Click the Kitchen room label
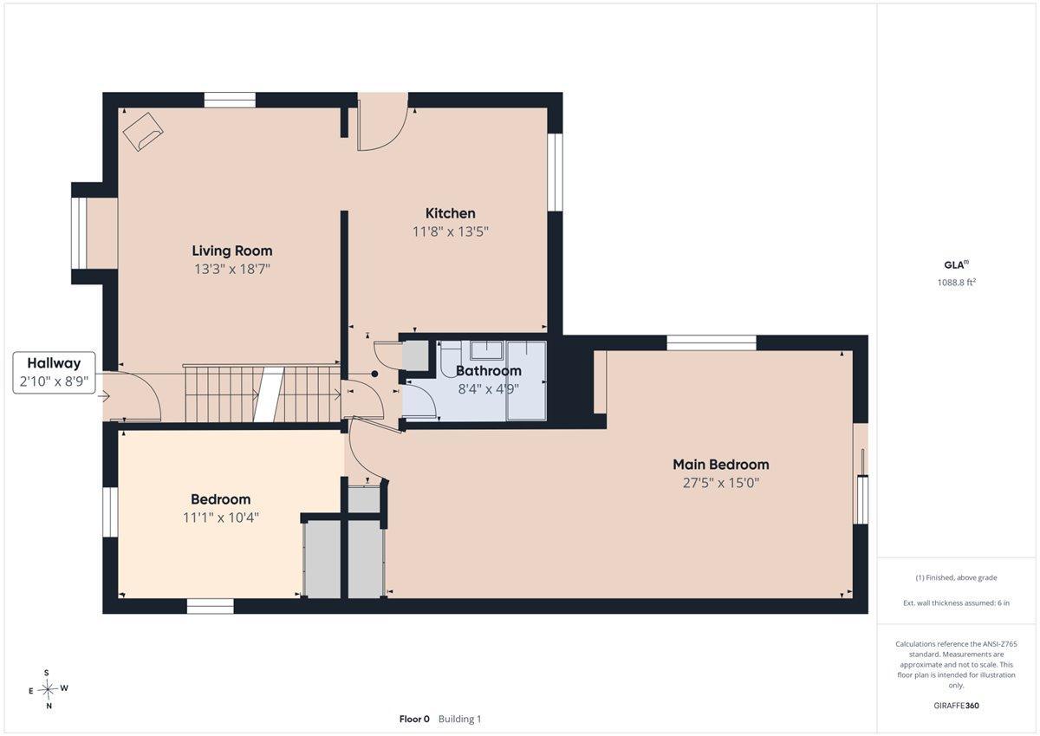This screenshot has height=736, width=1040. click(450, 213)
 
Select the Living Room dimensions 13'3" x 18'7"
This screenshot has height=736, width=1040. click(232, 269)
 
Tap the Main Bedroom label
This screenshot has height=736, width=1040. click(720, 465)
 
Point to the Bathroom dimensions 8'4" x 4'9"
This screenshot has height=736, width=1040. click(489, 388)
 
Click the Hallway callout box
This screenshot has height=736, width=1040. click(54, 373)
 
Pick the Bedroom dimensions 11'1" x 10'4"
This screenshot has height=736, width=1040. click(220, 518)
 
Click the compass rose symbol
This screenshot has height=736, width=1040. click(48, 689)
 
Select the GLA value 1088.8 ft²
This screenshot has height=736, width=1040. click(957, 283)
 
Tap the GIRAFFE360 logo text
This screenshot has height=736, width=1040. click(956, 706)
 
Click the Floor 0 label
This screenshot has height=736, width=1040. click(414, 719)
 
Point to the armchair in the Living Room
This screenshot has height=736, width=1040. click(143, 132)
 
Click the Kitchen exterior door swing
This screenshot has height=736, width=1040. click(382, 121)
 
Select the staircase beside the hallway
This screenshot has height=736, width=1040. click(263, 393)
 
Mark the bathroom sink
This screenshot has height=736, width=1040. click(486, 350)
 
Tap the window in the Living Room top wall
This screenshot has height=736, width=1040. click(231, 100)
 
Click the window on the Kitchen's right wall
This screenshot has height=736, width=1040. click(555, 173)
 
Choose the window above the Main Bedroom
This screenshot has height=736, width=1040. click(712, 342)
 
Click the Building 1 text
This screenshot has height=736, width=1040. click(459, 719)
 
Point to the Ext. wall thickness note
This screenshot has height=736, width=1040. click(957, 602)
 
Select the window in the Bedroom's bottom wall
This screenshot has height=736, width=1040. click(211, 606)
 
